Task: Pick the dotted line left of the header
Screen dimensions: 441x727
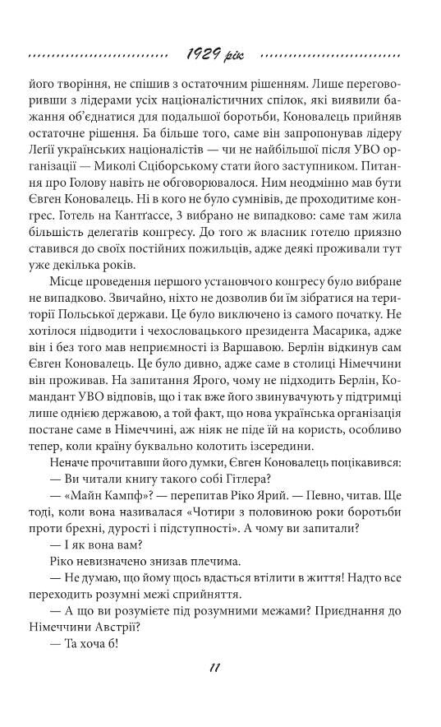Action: pos(95,56)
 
